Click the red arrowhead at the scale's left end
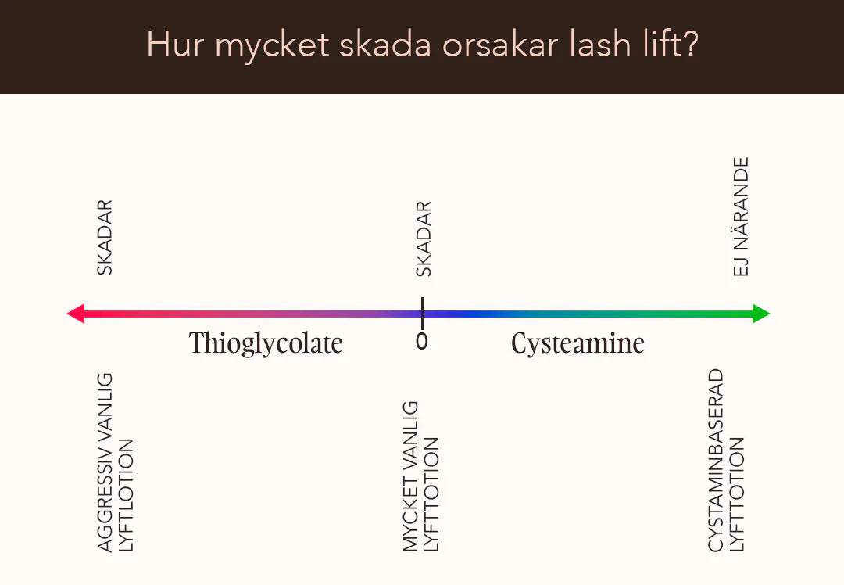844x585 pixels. [76, 314]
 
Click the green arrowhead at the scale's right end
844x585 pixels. [761, 314]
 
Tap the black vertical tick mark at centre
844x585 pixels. [423, 313]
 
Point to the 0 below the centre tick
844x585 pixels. [422, 341]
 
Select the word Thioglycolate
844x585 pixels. [266, 343]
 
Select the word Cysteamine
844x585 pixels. [578, 343]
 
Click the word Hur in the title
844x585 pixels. [175, 44]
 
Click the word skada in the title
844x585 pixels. [385, 44]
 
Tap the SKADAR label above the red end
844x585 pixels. [105, 238]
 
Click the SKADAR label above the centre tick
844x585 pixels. [424, 239]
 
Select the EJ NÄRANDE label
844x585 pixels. [741, 217]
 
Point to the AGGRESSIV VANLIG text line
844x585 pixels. [105, 462]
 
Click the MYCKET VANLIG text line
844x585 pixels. [410, 476]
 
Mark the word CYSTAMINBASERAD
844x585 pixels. [715, 460]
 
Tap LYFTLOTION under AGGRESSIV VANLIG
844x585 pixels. [125, 495]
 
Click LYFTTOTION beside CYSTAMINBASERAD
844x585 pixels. [736, 494]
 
